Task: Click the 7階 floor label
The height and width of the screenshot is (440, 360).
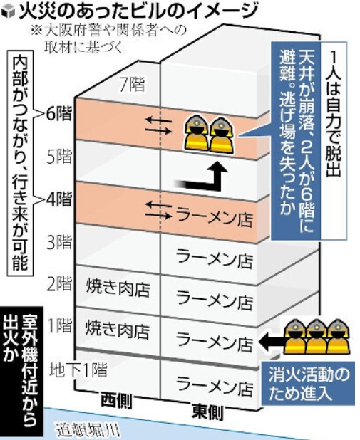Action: click(132, 85)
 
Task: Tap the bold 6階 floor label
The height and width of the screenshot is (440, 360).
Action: click(59, 113)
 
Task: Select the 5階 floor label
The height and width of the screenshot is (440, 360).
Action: click(59, 157)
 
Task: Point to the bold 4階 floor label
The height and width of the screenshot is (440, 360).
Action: click(59, 200)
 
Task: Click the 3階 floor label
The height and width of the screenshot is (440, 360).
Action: click(59, 243)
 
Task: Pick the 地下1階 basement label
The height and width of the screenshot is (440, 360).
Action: click(78, 370)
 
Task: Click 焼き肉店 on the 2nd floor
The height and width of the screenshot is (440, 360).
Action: click(118, 288)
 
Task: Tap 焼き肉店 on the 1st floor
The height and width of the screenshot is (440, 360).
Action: click(117, 330)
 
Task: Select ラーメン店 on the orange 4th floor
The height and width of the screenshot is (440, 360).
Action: click(214, 218)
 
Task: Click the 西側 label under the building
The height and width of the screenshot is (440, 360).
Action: click(116, 402)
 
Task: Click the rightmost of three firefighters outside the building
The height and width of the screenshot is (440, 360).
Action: click(338, 337)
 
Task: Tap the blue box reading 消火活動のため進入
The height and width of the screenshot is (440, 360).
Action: click(308, 384)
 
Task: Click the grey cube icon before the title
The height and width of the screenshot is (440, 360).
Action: click(9, 12)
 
